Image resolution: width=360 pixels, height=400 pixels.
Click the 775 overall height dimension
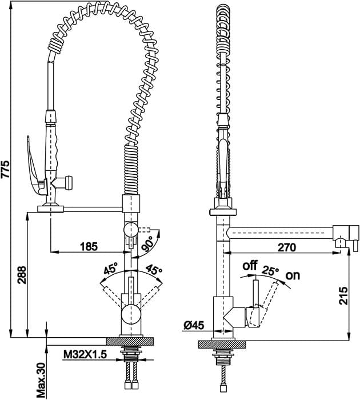[5, 169]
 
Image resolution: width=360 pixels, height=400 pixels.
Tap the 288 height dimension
[22, 275]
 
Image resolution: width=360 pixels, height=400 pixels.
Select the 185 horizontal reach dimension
[89, 247]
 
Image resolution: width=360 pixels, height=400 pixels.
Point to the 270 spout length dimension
[287, 247]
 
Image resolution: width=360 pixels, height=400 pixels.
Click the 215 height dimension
[343, 295]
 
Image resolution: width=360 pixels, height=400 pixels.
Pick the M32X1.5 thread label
[85, 354]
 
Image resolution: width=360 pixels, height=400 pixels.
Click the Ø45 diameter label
[194, 325]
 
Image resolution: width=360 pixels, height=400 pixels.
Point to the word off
[250, 266]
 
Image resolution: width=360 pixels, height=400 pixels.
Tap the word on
[293, 276]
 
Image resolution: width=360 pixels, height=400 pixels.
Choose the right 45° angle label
[154, 270]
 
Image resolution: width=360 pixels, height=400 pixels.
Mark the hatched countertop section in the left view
[130, 341]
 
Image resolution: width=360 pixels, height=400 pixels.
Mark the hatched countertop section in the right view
[222, 345]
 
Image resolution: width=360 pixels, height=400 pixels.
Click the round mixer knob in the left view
[131, 315]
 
